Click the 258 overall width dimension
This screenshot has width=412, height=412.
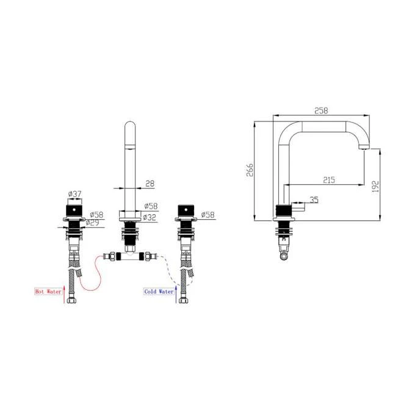(x=320, y=110)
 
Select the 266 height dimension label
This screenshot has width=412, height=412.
(x=249, y=170)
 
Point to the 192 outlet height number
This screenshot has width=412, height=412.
(x=375, y=185)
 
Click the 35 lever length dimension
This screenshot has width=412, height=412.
(x=314, y=199)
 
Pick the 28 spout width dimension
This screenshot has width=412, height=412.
(x=150, y=183)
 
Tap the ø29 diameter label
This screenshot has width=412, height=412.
(x=95, y=223)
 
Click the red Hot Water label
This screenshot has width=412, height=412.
(x=48, y=292)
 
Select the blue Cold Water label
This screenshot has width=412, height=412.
(x=159, y=292)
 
